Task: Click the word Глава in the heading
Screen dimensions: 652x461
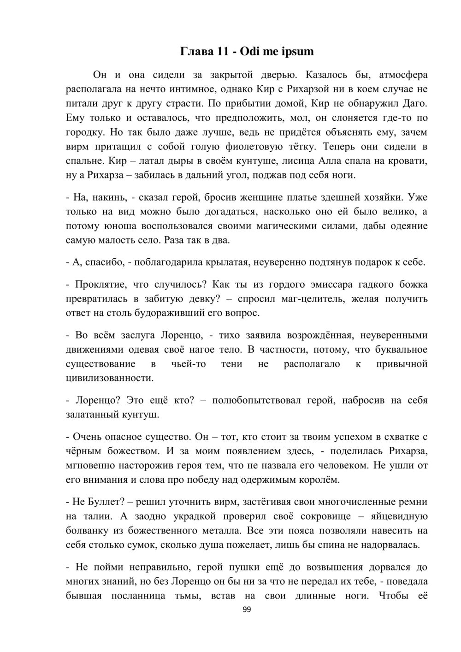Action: (196, 51)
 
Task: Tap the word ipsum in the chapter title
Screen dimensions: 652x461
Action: (297, 51)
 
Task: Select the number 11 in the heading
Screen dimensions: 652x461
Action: (223, 51)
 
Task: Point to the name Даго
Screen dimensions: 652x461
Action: (415, 103)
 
